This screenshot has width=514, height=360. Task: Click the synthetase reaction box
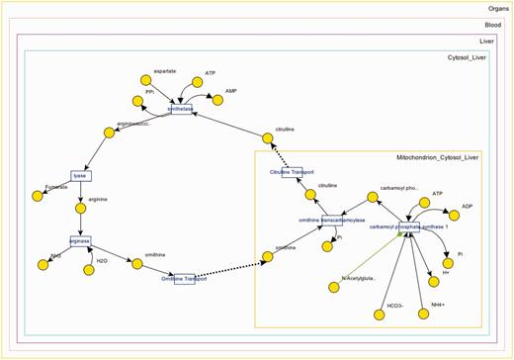point(181,109)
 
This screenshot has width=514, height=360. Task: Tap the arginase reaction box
point(80,240)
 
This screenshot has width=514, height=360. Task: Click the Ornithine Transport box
point(184,278)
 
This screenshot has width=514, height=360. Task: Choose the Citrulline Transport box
point(292,172)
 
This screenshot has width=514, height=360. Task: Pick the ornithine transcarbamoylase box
point(331,220)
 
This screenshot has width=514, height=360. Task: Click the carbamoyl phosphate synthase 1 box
point(409,225)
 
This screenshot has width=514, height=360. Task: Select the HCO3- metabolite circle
point(380,315)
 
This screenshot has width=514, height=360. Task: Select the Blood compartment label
point(492,25)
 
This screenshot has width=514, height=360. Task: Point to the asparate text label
point(151,72)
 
